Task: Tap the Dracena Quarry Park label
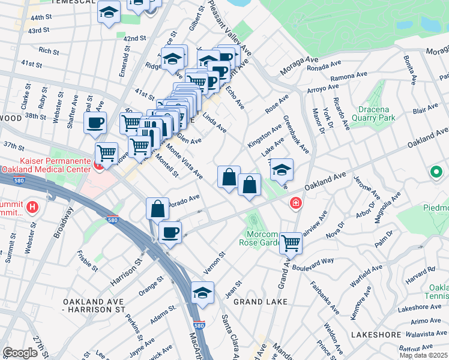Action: click(393, 114)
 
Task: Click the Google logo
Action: click(20, 353)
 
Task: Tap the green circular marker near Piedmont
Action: click(436, 173)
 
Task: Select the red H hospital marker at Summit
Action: click(32, 209)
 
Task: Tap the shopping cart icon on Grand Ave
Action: click(291, 243)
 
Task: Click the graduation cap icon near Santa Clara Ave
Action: click(203, 293)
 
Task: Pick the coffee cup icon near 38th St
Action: click(95, 123)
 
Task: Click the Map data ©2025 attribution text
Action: click(423, 355)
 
